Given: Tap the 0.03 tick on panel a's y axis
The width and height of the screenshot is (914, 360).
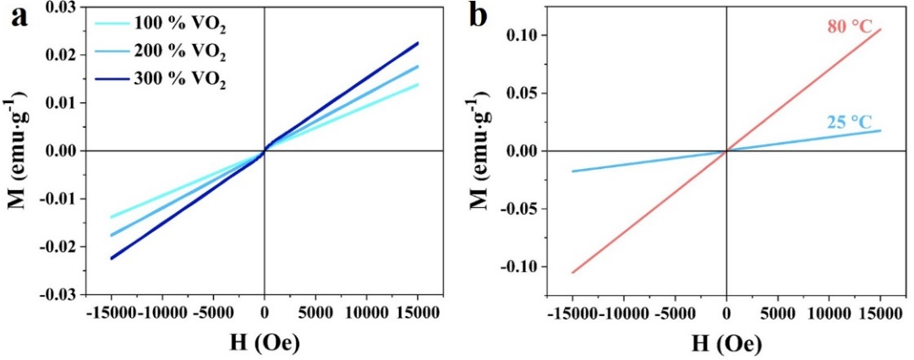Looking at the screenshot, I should coord(60,7).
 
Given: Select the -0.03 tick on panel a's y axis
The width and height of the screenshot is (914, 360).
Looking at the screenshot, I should coord(57,295).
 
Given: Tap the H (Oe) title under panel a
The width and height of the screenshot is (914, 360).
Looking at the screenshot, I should coord(264,343).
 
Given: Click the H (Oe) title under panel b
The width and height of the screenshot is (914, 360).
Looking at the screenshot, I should coord(726,343).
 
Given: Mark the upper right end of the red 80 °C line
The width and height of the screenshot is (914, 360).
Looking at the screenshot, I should coord(881,30).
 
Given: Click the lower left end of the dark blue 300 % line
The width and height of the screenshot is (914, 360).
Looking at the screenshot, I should coord(111,259).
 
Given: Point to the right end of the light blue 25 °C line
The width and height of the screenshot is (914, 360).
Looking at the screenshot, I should coord(881,130).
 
